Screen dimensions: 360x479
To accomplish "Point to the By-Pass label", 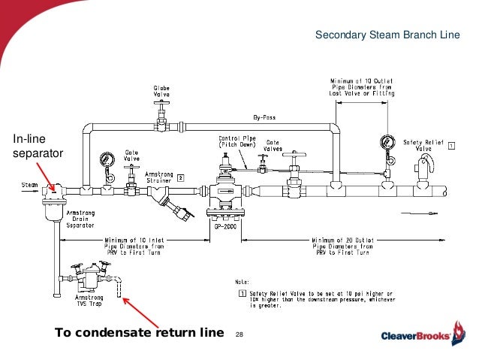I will point(261,118).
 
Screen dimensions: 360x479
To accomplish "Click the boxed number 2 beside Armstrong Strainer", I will point(180,179).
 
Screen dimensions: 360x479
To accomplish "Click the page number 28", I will point(240,332).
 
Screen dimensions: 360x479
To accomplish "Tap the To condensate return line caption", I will point(140,332).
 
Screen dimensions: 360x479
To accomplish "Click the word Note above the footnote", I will point(246,278).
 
